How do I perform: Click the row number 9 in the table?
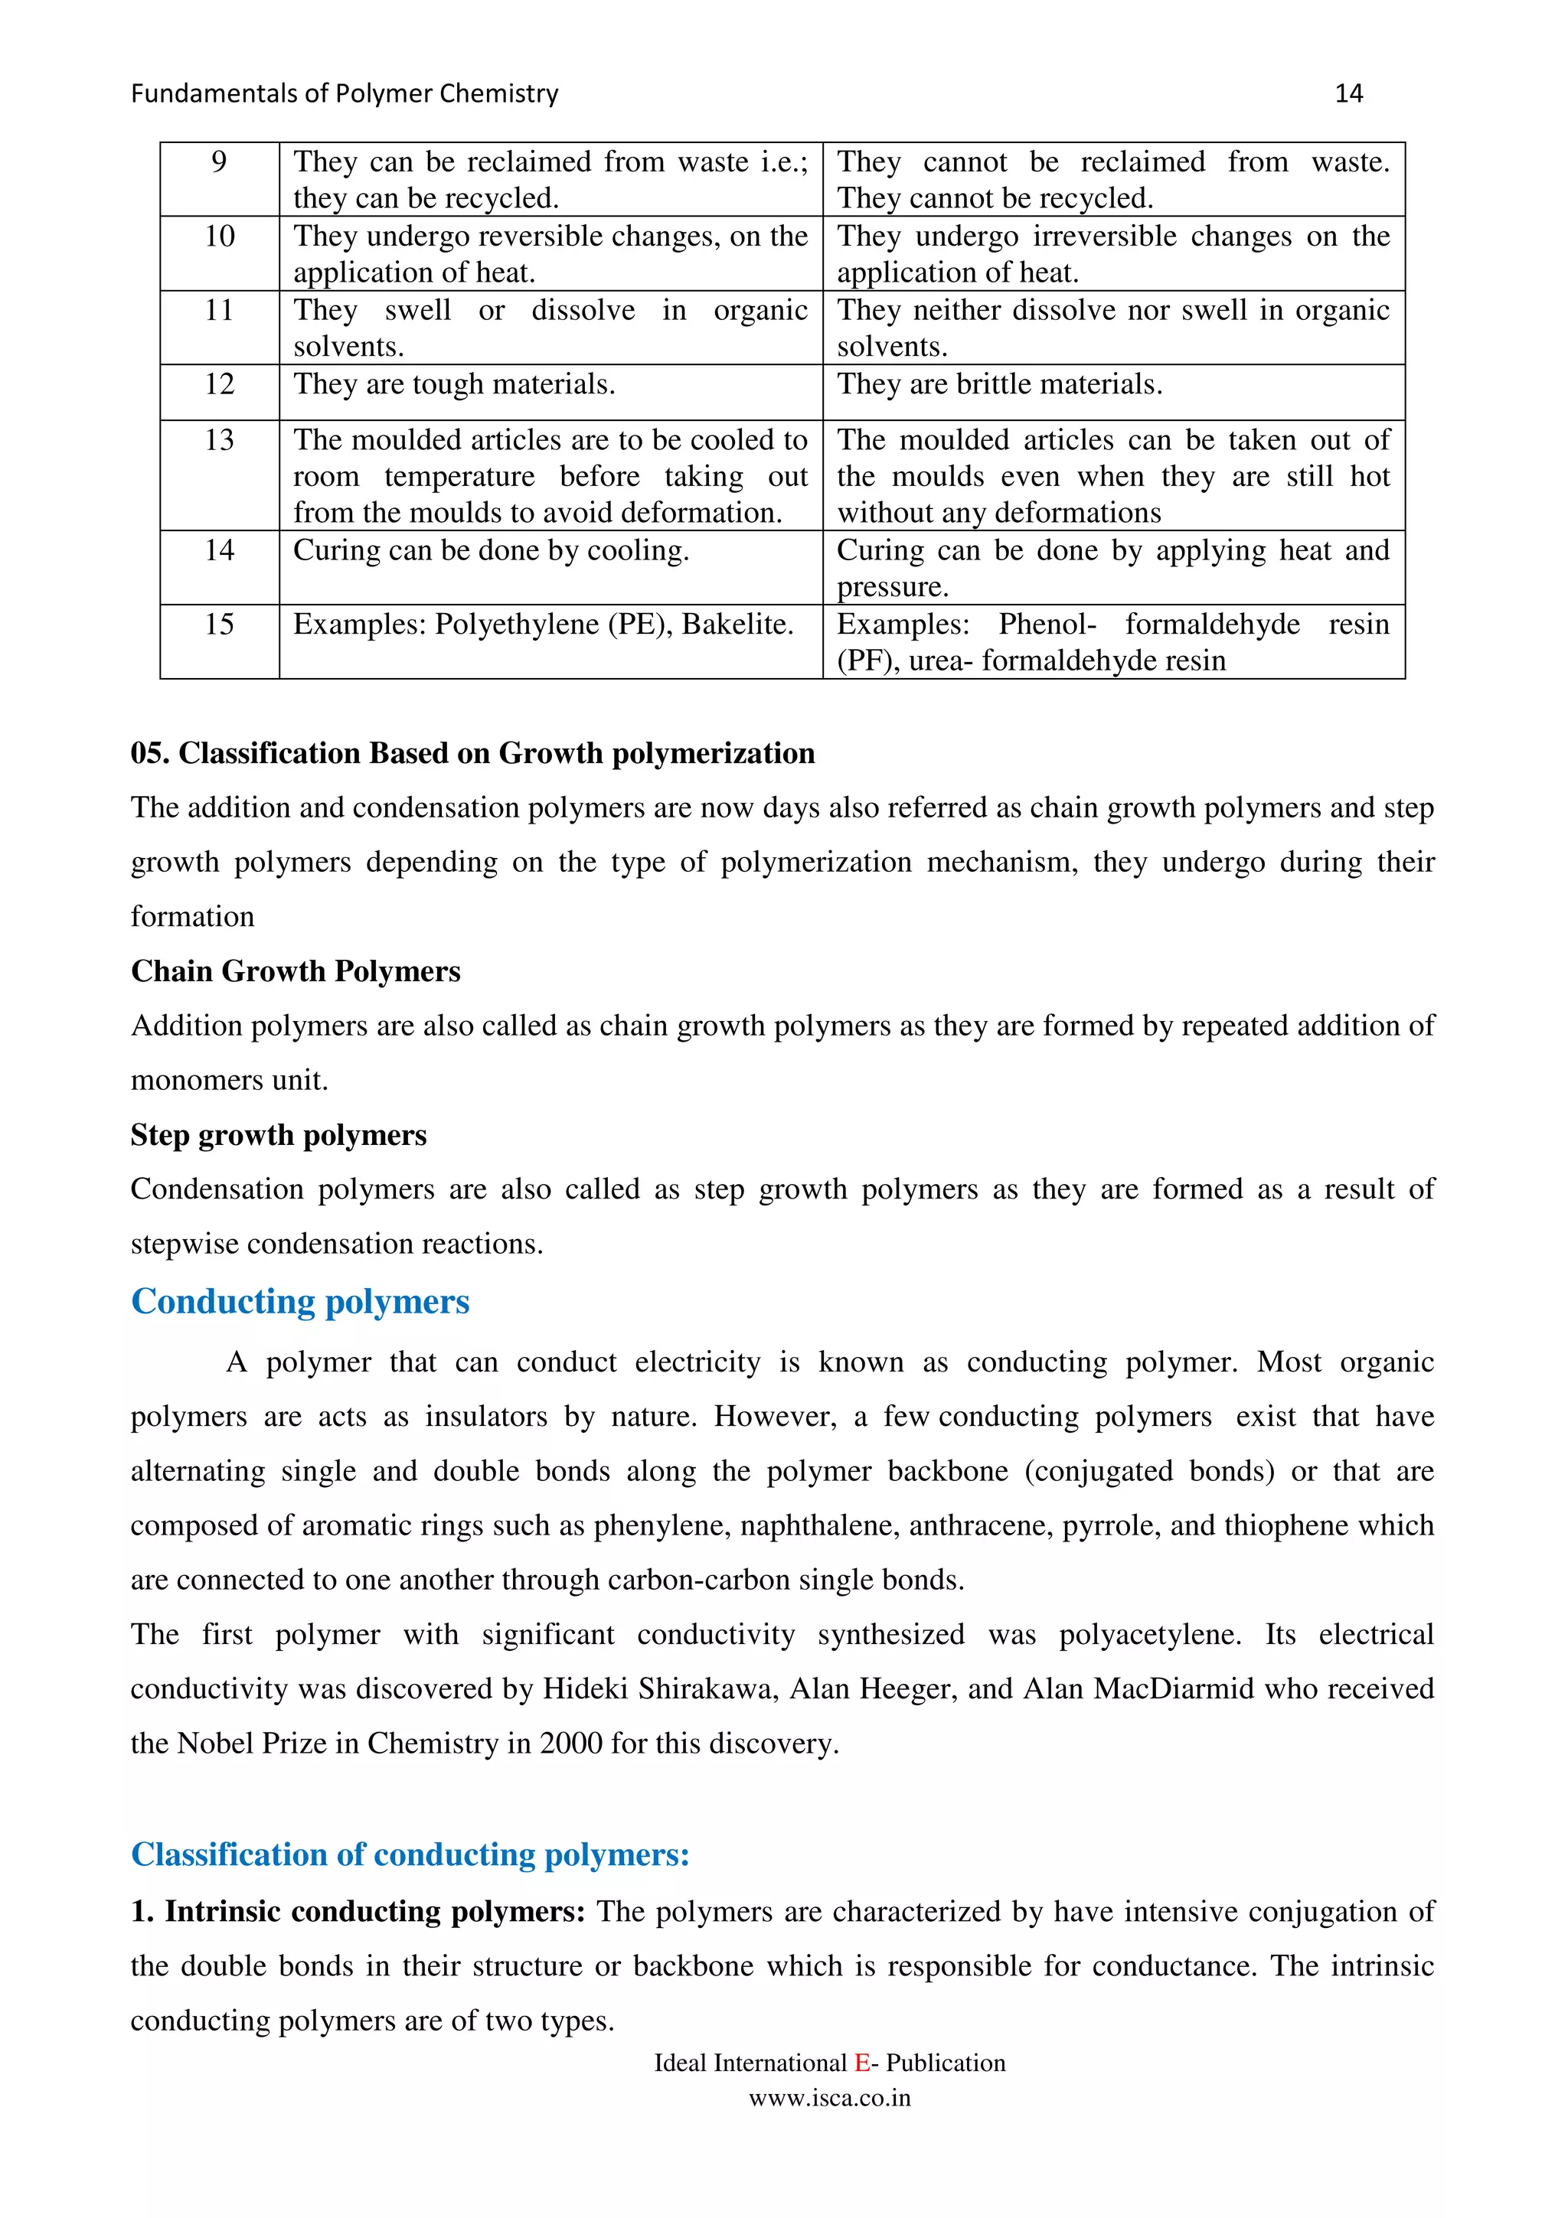(219, 161)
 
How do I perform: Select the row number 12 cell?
(219, 384)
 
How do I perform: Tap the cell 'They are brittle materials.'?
(999, 384)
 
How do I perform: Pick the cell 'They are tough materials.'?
(454, 384)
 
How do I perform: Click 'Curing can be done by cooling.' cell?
(491, 550)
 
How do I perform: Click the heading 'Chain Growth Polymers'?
(296, 971)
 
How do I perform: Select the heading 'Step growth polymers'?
(278, 1134)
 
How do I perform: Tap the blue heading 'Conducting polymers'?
(300, 1301)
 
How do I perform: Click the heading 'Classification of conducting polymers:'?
(410, 1854)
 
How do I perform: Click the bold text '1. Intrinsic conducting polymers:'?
(358, 1911)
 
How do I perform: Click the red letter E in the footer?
(862, 2063)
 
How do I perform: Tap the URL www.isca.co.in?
(829, 2097)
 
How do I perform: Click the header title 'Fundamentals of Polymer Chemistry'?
(344, 93)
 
